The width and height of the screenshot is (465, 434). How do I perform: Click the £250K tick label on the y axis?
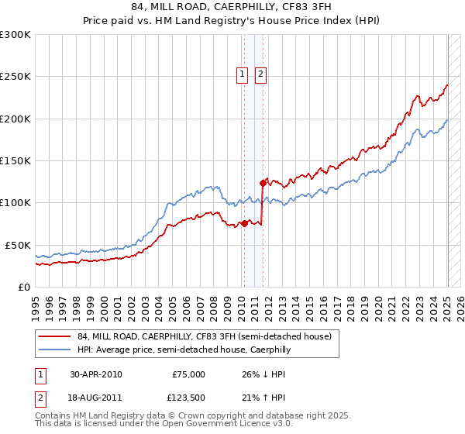coord(15,77)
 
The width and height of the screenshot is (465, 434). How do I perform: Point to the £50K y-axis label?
coord(18,245)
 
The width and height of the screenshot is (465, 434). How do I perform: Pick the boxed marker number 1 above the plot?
coord(243,75)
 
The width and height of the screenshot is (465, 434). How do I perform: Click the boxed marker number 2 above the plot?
coord(260,75)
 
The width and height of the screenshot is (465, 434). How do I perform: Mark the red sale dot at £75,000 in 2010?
coord(244,223)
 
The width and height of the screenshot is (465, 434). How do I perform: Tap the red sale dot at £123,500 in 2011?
coord(262,183)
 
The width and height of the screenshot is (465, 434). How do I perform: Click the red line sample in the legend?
coord(55,336)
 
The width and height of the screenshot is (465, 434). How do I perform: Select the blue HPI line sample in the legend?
coord(55,350)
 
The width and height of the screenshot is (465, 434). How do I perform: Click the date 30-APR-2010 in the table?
coord(96,374)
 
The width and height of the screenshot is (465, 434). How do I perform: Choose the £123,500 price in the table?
coord(186,399)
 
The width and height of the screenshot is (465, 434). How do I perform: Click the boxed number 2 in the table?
coord(40,399)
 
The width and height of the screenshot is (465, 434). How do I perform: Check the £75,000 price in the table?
coord(188,374)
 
